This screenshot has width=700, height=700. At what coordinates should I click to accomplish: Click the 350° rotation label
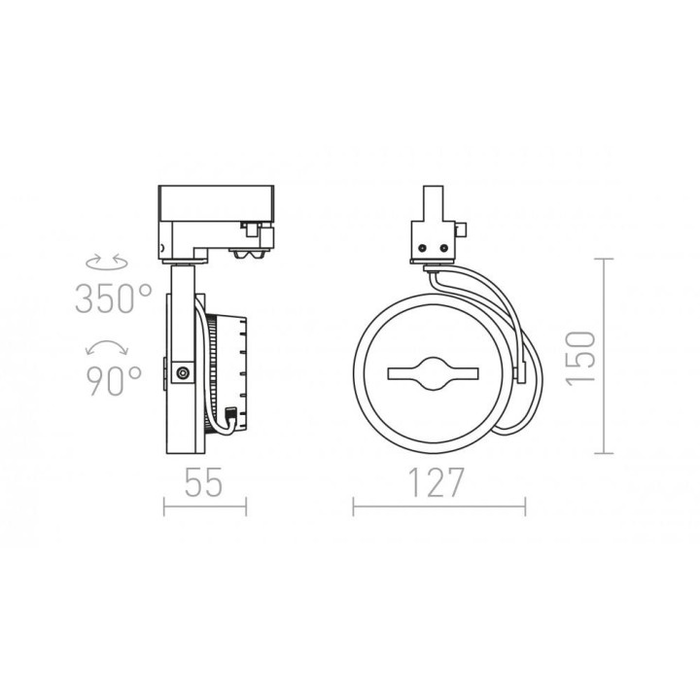click(114, 298)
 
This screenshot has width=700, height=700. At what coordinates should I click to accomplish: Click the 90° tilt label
click(114, 381)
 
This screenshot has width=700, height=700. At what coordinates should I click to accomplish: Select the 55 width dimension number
click(203, 482)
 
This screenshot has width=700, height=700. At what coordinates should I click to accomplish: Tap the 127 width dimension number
click(437, 482)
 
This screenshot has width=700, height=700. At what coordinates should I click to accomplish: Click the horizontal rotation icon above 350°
click(107, 262)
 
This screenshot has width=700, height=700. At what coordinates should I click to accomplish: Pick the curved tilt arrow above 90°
click(107, 347)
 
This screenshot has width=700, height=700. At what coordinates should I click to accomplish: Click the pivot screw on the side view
click(182, 372)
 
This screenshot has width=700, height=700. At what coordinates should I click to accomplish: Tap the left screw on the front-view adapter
click(421, 247)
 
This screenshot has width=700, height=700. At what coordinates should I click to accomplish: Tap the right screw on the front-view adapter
click(443, 247)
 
